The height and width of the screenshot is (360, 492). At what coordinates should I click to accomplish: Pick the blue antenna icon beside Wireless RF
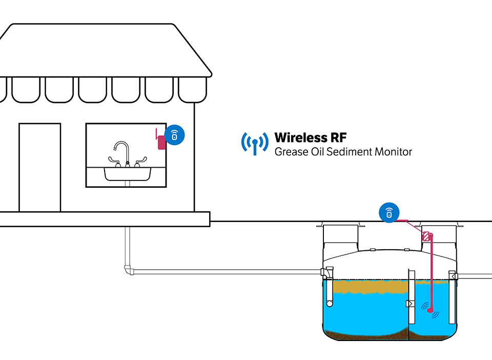click(x=255, y=143)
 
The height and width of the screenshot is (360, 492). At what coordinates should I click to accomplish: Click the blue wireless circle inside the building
click(x=175, y=135)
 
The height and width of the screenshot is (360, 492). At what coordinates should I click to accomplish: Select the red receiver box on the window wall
click(x=161, y=142)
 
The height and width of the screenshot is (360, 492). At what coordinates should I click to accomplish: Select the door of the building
click(x=39, y=167)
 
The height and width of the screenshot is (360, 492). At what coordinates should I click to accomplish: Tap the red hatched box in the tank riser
click(x=425, y=237)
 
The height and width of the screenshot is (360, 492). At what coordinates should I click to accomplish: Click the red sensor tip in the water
click(x=430, y=309)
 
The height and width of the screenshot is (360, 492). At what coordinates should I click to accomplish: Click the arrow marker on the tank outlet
click(x=453, y=276)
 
